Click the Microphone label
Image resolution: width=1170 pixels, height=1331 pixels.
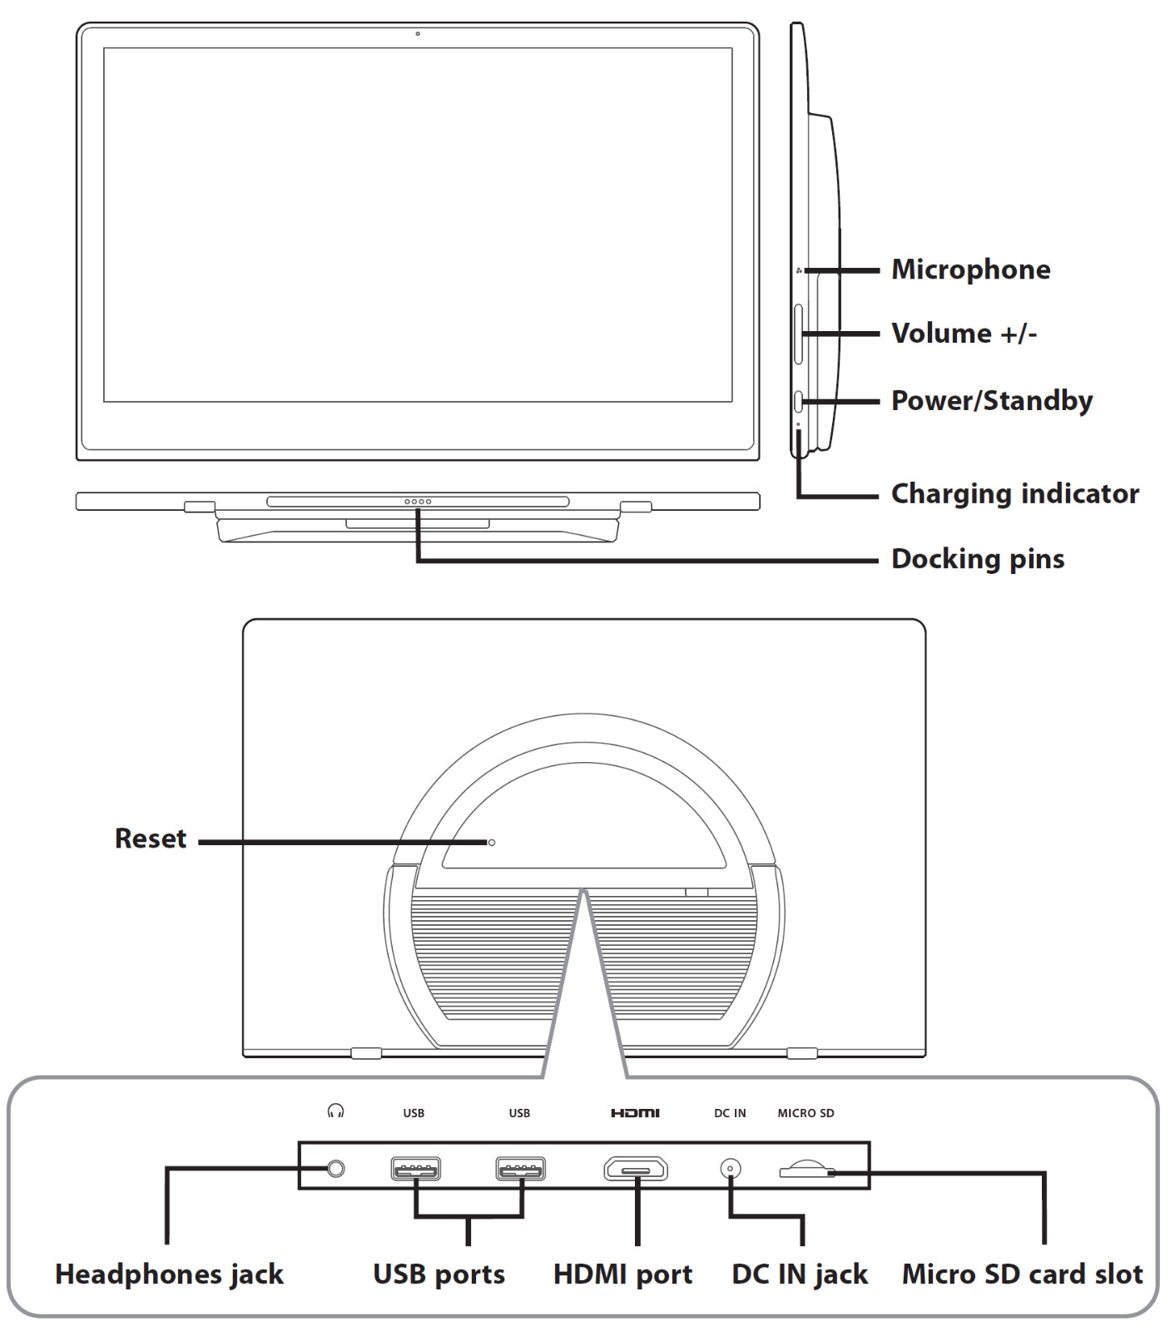coord(970,270)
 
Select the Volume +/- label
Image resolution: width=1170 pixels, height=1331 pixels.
coord(964,334)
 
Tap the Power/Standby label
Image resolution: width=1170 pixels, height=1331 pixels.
coord(991,401)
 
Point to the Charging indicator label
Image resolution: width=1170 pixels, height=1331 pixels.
coord(1014,494)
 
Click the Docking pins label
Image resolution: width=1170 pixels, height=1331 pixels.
coord(978,559)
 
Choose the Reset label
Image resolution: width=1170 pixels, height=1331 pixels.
coord(151,839)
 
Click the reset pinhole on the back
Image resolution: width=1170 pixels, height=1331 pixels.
coord(492,843)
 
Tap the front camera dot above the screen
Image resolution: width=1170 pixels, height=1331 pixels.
coord(418,34)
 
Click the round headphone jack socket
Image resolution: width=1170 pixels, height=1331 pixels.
coord(336,1169)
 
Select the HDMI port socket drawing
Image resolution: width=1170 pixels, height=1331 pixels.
coord(636,1170)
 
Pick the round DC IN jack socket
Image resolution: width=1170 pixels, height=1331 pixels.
coord(731,1169)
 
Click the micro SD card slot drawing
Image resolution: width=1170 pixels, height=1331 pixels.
coord(806,1170)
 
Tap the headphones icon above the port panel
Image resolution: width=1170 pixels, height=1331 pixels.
coord(336,1111)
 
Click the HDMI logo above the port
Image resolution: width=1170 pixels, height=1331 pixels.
coord(635,1113)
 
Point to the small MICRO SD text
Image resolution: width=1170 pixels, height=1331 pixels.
coord(806,1113)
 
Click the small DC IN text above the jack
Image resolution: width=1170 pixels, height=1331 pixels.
coord(730,1113)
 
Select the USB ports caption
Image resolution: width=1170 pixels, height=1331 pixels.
coord(439,1274)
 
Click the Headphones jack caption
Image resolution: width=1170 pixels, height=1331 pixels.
coord(169,1274)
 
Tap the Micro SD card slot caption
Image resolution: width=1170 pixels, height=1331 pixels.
coord(1022,1274)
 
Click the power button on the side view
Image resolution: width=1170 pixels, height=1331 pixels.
coord(799,402)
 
